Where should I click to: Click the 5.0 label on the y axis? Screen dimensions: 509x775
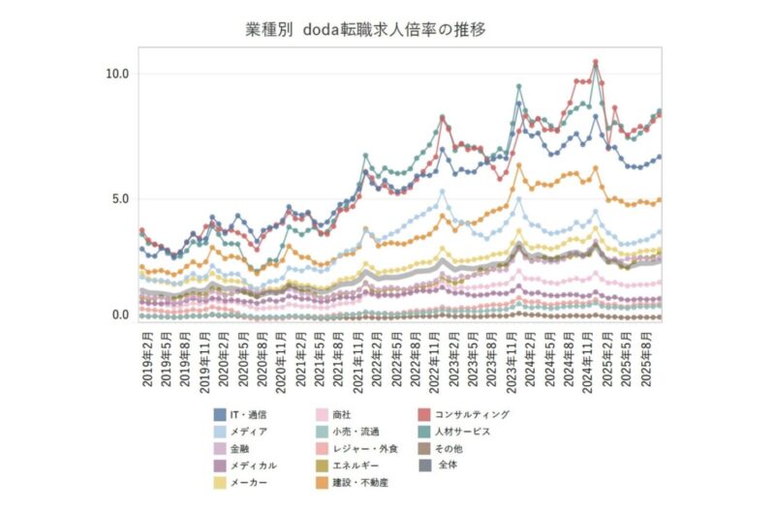tap(121, 199)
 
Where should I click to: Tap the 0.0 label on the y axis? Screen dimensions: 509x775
tap(121, 315)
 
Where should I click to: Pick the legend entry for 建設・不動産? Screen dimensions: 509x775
tap(361, 482)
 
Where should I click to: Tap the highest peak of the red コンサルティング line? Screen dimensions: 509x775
tap(595, 62)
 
